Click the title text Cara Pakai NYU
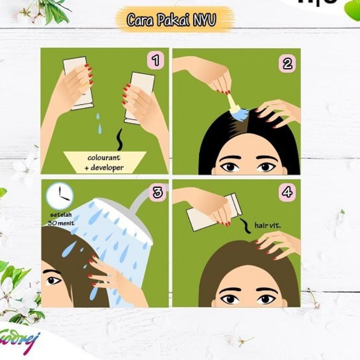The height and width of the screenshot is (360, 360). pos(171,20)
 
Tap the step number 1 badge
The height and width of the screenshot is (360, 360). pos(155,61)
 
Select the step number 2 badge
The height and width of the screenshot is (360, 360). pos(287,63)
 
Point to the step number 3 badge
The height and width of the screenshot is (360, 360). pos(157,192)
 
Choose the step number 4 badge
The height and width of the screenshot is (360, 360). pos(287,192)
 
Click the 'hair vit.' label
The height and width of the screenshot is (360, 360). pos(268,225)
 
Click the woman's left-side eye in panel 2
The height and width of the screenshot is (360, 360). pos(230,167)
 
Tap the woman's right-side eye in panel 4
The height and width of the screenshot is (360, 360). pos(265,299)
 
